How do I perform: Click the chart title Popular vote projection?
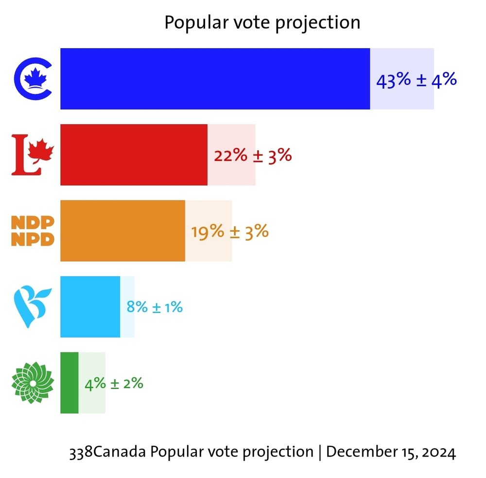pos(262,22)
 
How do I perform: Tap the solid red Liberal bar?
pos(134,155)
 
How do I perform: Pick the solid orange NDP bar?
pos(122,230)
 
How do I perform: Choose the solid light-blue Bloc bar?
pos(90,306)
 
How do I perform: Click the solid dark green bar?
pos(69,383)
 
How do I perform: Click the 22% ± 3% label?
pos(253,156)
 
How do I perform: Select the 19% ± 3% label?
pos(230,231)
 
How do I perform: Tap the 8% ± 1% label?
pos(155,307)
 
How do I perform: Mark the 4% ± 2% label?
pos(114,383)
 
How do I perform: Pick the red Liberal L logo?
pos(32,155)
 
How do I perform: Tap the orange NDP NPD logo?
pos(33,230)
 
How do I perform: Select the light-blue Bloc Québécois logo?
pos(32,306)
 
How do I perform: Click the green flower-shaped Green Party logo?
pos(32,382)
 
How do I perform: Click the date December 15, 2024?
pos(391,452)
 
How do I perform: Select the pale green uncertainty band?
pos(92,404)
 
